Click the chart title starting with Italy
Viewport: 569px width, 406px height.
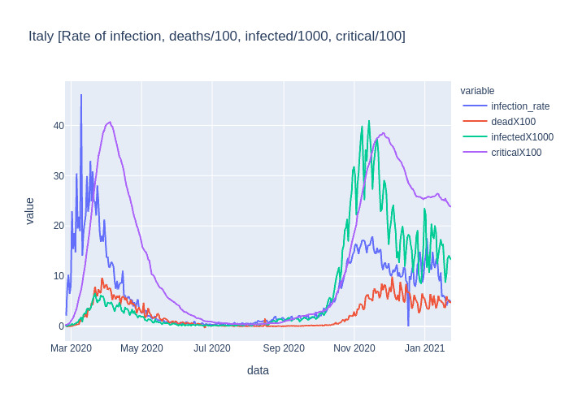coord(216,36)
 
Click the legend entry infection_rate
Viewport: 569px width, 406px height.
coord(520,106)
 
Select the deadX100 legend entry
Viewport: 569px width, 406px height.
coord(513,122)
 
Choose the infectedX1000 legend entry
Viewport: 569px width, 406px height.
coord(522,137)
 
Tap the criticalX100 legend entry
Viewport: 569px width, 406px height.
coord(516,153)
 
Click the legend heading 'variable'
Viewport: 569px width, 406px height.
coord(477,91)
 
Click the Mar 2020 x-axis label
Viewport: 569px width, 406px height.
coord(71,348)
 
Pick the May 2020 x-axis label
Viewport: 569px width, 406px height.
coord(141,348)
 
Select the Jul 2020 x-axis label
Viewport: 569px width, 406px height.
coord(212,348)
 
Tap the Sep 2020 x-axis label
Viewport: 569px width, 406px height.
coord(284,348)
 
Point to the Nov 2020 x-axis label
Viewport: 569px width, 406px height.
coord(354,348)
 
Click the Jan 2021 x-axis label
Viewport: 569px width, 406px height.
coord(425,348)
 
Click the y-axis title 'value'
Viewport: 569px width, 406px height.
coord(30,211)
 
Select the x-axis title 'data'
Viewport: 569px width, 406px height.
coord(258,370)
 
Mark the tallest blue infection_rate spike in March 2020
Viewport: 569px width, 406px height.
coord(81,95)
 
